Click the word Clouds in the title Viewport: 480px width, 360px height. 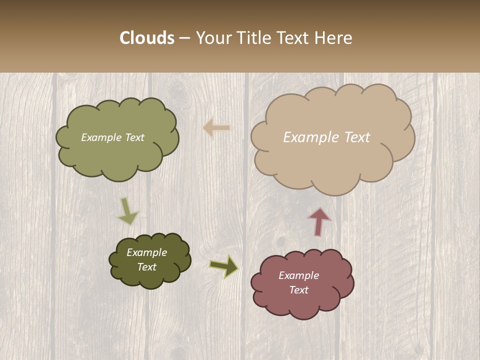[147, 38]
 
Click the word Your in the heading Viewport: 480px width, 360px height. [213, 38]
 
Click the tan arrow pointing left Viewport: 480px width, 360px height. [216, 128]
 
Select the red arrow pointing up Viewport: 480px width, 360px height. [319, 221]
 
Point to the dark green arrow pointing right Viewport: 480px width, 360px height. [224, 266]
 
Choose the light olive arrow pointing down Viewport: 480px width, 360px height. [127, 211]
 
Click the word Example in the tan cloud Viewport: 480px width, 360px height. [310, 137]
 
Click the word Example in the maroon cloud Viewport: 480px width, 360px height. [298, 275]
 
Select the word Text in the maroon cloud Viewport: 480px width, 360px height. [298, 290]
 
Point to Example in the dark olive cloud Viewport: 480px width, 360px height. [146, 252]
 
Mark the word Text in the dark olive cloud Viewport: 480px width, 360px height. [146, 267]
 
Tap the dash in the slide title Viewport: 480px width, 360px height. [184, 38]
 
